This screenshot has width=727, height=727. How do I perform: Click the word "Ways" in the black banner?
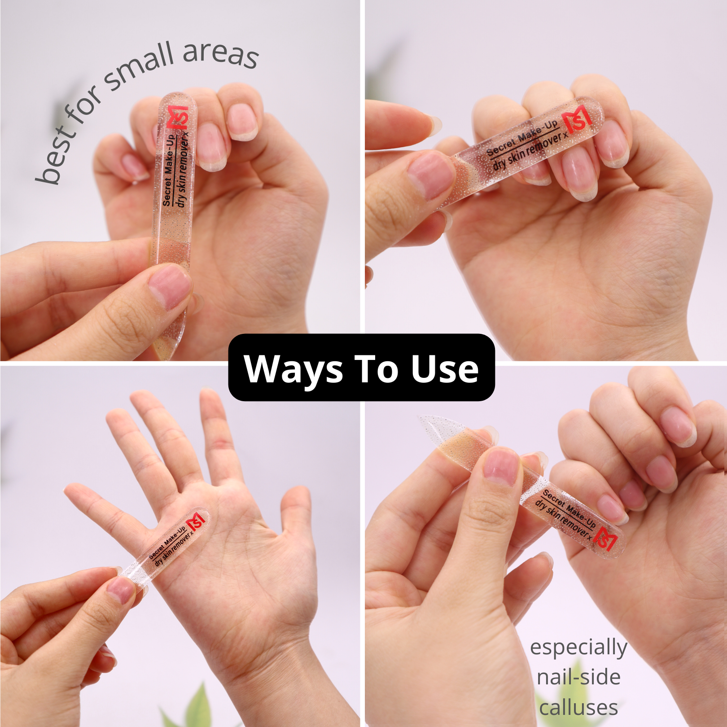coord(293,369)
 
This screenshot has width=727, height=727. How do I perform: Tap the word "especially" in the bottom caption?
coord(578,648)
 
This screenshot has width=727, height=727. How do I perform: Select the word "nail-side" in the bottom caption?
coord(579,677)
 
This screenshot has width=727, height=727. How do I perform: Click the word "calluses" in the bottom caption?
coord(579,708)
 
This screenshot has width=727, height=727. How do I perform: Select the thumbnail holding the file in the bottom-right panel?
coord(501,466)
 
